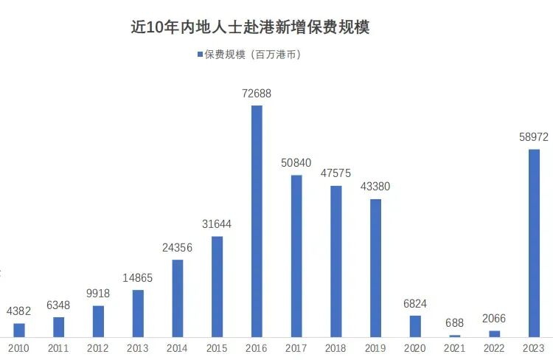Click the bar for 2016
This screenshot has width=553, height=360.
257,221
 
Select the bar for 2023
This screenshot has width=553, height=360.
534,243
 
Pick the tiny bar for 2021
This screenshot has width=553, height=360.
455,336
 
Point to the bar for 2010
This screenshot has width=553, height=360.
19,330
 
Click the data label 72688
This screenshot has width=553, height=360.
257,94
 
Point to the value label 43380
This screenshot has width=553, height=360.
375,187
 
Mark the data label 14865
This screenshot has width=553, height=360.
138,277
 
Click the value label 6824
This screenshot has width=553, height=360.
415,303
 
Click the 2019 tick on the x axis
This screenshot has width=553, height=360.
375,348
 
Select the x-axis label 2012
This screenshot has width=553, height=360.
98,348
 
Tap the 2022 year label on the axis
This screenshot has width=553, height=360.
495,348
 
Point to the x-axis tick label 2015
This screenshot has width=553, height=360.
217,348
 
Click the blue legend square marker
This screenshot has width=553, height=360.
200,55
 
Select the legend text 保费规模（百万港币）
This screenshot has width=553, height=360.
253,55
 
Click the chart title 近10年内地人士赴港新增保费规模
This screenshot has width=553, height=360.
250,27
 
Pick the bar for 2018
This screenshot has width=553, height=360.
336,261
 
